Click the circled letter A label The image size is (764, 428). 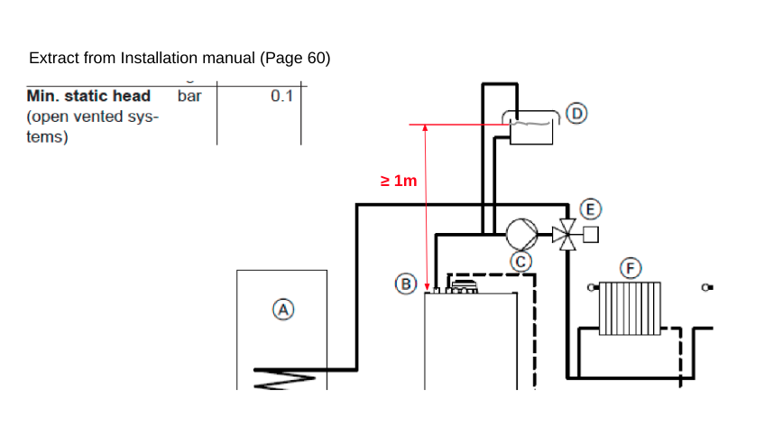pos(283,310)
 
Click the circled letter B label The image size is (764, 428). pos(406,284)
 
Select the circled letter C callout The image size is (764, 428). pos(520,262)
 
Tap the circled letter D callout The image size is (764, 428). pos(576,114)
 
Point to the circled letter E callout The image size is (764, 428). pos(591,209)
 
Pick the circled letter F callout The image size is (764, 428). pos(631,268)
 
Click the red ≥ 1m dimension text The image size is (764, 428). pos(399,181)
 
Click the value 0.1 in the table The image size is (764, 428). pos(281,96)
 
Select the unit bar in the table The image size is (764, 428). pos(189,96)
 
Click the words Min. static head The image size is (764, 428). pos(88,96)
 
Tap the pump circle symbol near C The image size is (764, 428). pos(522,234)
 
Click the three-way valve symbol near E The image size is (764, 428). pos(567,235)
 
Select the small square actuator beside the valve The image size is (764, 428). pos(591,235)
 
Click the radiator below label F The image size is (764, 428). pos(630,309)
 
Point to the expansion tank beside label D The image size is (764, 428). pos(531,128)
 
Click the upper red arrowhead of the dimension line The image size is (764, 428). pos(426,128)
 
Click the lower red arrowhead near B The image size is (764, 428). pos(428,287)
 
